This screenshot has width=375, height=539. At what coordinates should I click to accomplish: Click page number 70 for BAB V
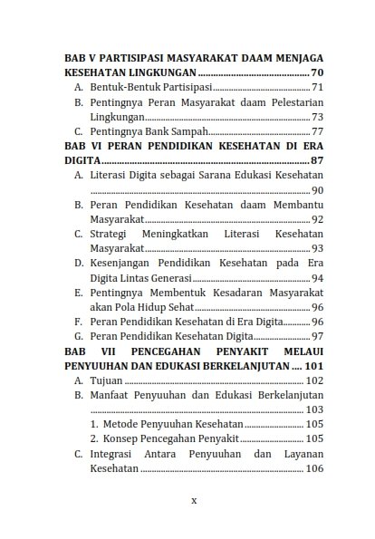click(x=316, y=72)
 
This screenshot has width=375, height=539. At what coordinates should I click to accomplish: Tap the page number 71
click(x=317, y=88)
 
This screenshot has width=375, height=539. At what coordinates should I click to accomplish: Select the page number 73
click(x=317, y=117)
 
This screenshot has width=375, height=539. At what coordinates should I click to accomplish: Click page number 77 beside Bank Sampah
click(x=317, y=131)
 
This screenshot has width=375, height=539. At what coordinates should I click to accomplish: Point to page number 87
click(x=316, y=160)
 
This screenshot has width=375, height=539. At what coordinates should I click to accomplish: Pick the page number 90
click(x=317, y=190)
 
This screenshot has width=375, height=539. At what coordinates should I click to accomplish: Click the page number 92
click(x=317, y=219)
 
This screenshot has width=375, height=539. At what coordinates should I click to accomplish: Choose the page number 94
click(x=317, y=278)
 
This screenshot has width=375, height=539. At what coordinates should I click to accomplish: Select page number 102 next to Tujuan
click(x=313, y=380)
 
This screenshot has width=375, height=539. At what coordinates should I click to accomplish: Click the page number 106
click(x=313, y=469)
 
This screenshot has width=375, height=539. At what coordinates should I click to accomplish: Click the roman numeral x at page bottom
click(x=193, y=499)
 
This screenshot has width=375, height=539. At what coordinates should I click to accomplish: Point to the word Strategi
click(x=111, y=234)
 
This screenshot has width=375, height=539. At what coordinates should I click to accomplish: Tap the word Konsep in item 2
click(x=124, y=439)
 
